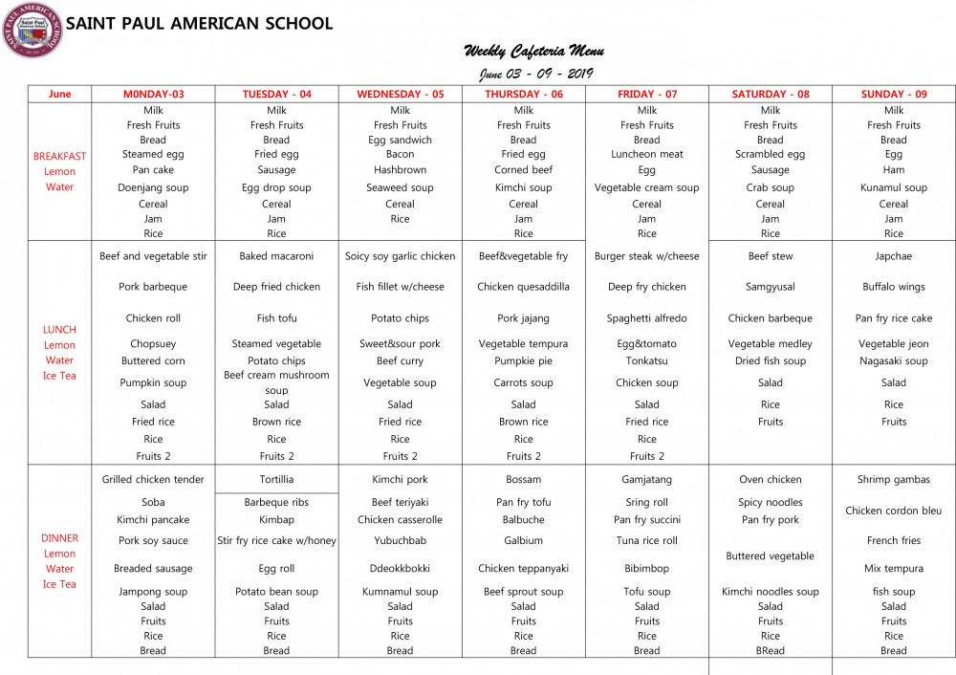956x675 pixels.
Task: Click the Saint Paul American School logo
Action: click(x=33, y=30)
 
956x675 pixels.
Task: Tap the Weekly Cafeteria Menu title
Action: click(x=533, y=52)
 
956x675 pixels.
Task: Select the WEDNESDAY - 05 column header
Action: click(x=401, y=94)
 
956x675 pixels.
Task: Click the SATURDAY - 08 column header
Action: click(x=770, y=94)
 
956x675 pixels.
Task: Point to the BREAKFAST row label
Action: click(x=59, y=156)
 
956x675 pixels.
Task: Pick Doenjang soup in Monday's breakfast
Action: click(x=153, y=188)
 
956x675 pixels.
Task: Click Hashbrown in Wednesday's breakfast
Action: click(x=401, y=169)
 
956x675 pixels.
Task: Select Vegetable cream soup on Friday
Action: click(x=647, y=188)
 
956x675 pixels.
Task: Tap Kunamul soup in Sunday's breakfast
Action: click(x=894, y=188)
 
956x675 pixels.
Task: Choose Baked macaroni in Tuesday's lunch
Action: click(x=276, y=256)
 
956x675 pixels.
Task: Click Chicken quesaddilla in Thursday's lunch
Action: click(x=524, y=287)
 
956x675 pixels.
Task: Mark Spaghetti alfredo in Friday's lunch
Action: click(x=647, y=318)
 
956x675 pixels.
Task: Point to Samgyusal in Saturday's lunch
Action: click(x=771, y=287)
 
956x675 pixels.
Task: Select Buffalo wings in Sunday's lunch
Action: click(x=894, y=287)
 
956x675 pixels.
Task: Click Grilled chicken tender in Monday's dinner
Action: click(x=153, y=480)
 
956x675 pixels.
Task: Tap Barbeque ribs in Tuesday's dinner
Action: click(x=276, y=502)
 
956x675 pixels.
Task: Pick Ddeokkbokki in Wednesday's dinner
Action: click(x=401, y=569)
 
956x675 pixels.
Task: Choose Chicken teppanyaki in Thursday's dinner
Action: click(x=524, y=569)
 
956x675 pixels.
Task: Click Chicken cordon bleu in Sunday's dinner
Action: click(x=894, y=511)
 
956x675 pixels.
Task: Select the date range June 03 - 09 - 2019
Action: click(x=536, y=74)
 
